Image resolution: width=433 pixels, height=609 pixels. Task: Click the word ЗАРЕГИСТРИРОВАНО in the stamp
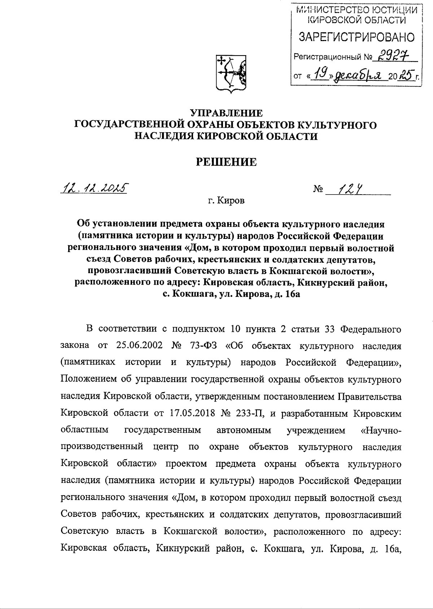click(356, 37)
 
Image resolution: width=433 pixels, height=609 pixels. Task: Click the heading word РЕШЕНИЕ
click(226, 162)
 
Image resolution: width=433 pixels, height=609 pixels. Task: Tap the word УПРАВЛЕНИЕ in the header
click(226, 113)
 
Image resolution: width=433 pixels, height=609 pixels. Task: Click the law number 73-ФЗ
click(202, 345)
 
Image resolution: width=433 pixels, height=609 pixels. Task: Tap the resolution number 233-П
click(249, 413)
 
